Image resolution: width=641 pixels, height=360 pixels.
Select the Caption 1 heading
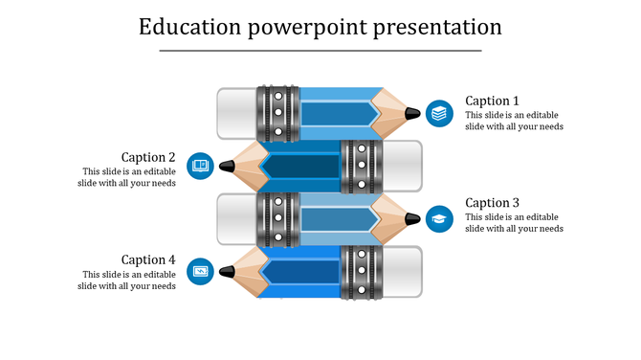492,101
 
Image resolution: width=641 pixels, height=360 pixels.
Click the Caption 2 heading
148,157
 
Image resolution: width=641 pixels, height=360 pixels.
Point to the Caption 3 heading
492,203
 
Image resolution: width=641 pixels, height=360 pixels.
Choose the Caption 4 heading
148,259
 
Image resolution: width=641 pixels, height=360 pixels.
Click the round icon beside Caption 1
439,113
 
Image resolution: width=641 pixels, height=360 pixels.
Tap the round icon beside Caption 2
200,166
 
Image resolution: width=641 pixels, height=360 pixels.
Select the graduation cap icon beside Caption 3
439,218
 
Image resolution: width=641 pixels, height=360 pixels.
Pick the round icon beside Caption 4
200,272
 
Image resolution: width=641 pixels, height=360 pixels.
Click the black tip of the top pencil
412,113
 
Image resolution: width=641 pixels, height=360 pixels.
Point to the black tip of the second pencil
227,166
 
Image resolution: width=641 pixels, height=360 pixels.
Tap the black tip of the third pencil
412,218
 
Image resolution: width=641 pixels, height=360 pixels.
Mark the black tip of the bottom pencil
227,272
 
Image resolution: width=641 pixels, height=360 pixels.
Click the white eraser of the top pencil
236,113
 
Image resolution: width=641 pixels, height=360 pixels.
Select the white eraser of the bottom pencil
402,272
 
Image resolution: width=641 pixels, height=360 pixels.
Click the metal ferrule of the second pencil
361,166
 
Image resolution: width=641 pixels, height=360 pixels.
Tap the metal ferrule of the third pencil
277,218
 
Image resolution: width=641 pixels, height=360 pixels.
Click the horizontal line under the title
320,51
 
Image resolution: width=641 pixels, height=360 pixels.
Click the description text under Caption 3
514,223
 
